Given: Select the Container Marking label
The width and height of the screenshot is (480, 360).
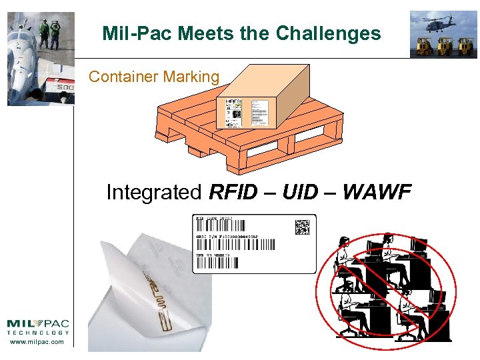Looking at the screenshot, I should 154,77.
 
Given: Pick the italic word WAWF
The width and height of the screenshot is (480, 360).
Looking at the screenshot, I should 378,193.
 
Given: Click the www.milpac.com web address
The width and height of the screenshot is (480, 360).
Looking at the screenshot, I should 37,342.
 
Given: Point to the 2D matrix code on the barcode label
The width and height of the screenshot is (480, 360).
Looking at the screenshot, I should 303,227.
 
